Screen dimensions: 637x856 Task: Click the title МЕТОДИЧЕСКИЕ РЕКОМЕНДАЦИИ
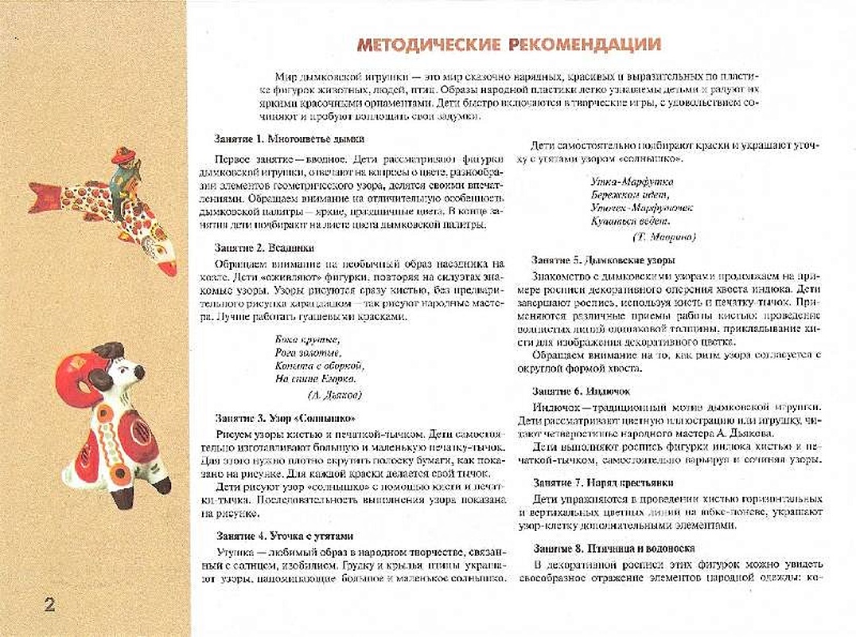point(508,45)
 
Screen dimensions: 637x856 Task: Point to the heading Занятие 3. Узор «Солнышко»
point(285,418)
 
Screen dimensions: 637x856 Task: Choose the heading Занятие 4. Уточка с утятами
point(284,536)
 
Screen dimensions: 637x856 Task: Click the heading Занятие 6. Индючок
point(581,391)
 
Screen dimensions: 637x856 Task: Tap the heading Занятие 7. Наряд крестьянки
point(603,483)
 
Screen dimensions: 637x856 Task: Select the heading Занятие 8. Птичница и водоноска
point(614,549)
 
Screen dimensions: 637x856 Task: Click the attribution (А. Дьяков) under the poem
point(334,394)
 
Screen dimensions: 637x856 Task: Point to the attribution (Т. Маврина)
point(663,236)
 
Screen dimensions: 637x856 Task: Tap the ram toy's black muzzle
point(139,373)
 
